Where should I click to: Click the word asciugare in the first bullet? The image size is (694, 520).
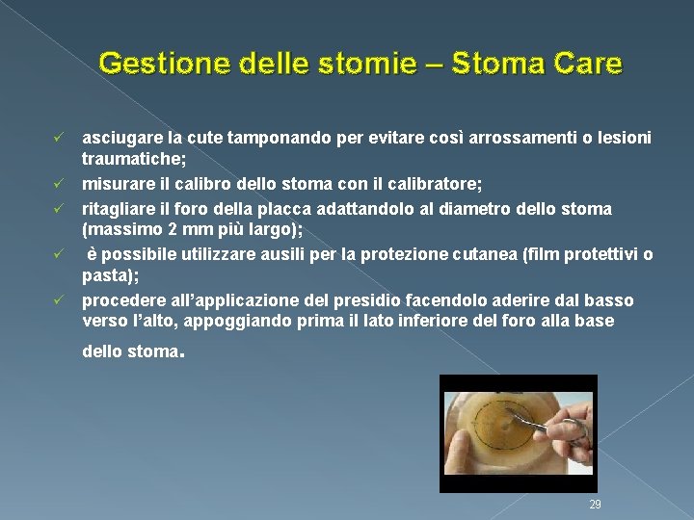pyautogui.click(x=120, y=139)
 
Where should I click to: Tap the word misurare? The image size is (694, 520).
pyautogui.click(x=117, y=185)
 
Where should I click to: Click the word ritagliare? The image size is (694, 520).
pyautogui.click(x=117, y=208)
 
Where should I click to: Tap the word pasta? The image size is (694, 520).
pyautogui.click(x=106, y=277)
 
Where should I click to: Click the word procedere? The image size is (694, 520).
pyautogui.click(x=120, y=300)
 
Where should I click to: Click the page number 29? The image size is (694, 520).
pyautogui.click(x=595, y=506)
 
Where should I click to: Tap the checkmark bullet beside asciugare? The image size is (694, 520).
pyautogui.click(x=59, y=139)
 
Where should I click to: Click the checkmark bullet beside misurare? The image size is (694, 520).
pyautogui.click(x=59, y=185)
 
